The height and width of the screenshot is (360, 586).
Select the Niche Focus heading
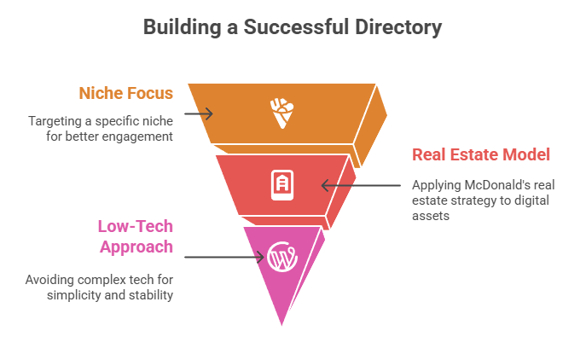(125, 93)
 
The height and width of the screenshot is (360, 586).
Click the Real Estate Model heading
(481, 154)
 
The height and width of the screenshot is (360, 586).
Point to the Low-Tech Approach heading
(136, 236)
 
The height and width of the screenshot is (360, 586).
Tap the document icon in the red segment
(282, 184)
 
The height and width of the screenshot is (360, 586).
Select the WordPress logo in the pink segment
(281, 256)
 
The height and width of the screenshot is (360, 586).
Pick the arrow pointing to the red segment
(359, 184)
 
